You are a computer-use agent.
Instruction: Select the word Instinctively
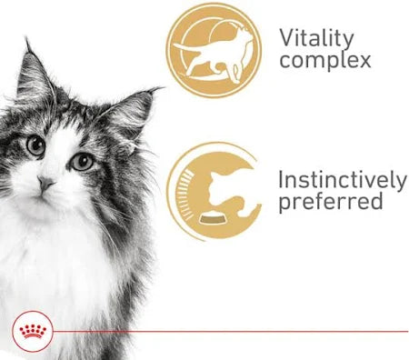pos(341,178)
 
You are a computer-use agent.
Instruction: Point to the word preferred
pos(330,202)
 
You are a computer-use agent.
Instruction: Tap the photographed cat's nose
pos(44,182)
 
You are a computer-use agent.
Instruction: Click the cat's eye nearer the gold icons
pos(82,161)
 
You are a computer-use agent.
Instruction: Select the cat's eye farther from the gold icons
pos(35,144)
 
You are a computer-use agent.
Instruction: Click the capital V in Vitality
pos(286,38)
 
